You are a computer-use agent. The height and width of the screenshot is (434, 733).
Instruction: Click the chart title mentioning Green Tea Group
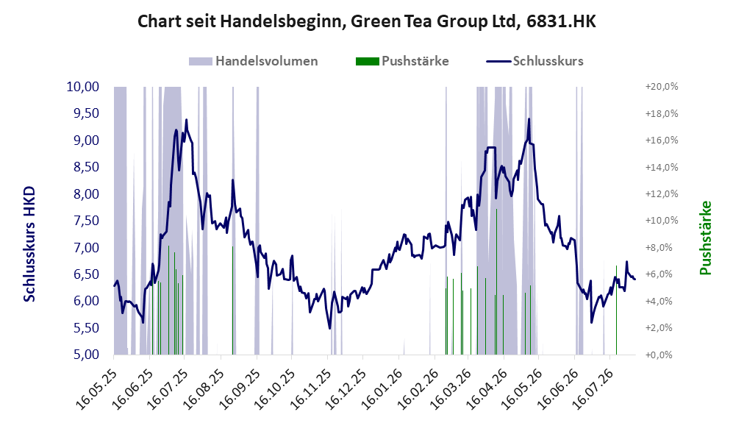366,21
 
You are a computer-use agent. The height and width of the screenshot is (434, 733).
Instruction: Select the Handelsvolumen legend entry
254,61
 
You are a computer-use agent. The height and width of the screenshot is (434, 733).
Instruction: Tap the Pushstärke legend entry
402,61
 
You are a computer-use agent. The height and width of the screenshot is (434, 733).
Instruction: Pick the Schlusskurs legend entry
534,61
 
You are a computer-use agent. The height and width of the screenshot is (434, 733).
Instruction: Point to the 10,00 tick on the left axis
83,87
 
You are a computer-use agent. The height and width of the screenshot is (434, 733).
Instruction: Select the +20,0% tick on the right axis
662,87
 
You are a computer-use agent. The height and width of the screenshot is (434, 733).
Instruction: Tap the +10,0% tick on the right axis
662,220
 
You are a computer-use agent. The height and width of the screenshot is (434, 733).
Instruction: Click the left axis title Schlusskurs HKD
29,244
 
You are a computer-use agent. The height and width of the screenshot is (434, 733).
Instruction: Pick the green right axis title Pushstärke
705,238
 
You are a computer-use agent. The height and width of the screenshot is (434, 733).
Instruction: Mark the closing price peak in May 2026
529,118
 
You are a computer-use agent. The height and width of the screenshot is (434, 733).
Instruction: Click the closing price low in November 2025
329,328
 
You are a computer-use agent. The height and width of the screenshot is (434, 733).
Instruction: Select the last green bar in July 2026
616,310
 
